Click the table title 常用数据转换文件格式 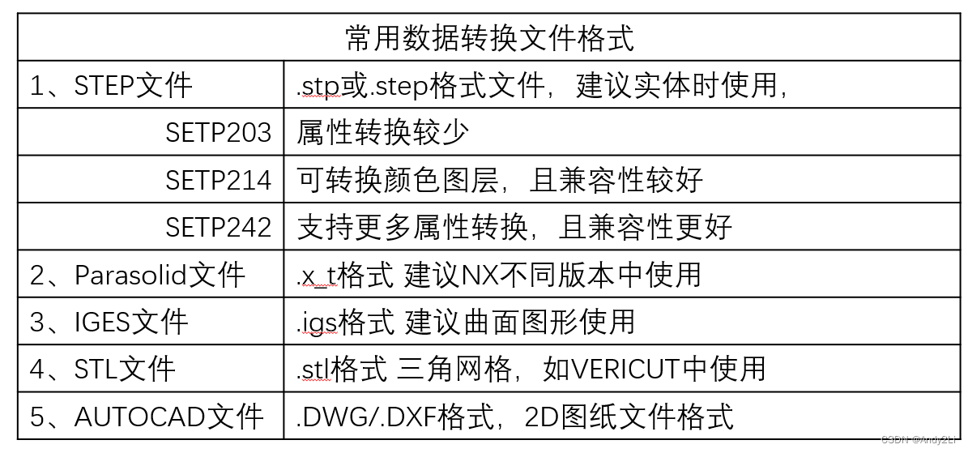(489, 38)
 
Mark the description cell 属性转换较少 (382, 133)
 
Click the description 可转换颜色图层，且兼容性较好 (499, 180)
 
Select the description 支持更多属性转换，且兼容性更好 (514, 227)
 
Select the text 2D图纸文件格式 (629, 417)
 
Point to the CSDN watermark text (920, 439)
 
